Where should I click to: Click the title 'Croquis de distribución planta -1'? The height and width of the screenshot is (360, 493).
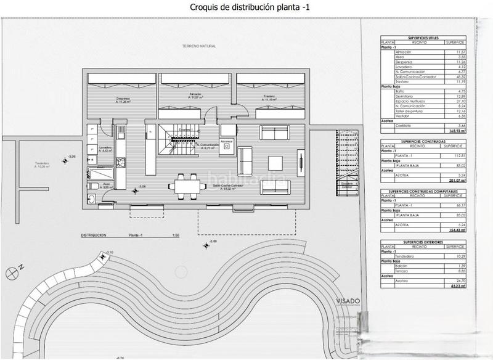[246, 7]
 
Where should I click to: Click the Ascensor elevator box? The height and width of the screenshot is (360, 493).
[226, 144]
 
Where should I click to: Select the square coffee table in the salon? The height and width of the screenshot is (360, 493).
[275, 163]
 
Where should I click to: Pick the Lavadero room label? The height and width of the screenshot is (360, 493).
[105, 149]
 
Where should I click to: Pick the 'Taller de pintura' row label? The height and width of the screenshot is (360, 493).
[411, 111]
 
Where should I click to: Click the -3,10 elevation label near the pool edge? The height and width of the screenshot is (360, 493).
[110, 253]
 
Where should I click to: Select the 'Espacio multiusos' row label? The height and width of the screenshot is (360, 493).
[411, 100]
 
